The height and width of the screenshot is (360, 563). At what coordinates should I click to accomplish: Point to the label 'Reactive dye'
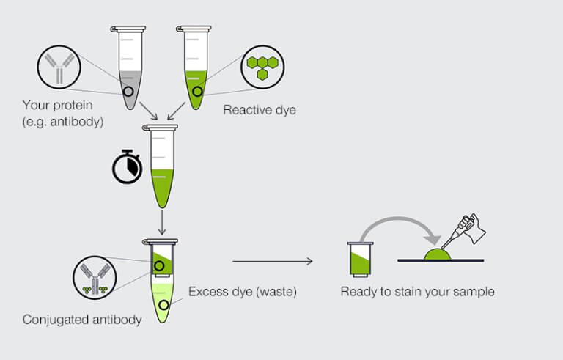click(x=260, y=110)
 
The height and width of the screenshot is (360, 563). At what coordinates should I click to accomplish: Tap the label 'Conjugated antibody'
click(x=82, y=319)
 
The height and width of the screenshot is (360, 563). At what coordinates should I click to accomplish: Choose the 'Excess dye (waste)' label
click(x=242, y=291)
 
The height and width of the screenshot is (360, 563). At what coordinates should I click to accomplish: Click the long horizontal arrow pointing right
click(x=272, y=261)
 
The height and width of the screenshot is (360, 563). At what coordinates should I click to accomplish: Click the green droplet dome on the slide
click(x=438, y=253)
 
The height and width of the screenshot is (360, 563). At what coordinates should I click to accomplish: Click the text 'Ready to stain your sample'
click(x=417, y=292)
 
